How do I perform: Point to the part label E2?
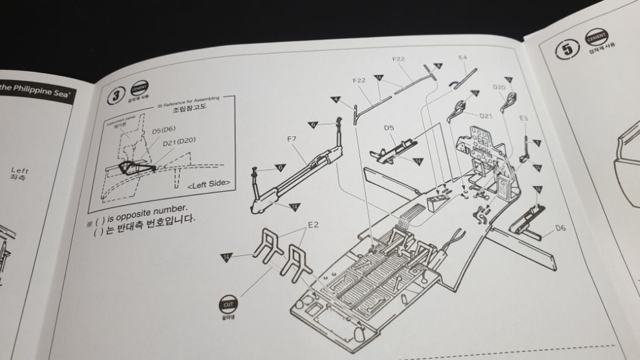tap(312, 224)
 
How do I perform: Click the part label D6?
tap(560, 228)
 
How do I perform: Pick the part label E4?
tap(462, 58)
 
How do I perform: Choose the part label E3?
tap(524, 118)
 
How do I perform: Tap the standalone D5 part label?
tap(389, 127)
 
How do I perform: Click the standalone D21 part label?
tap(486, 116)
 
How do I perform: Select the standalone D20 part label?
tap(499, 87)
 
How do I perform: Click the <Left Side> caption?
tap(209, 184)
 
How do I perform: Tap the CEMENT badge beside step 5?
tap(597, 37)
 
